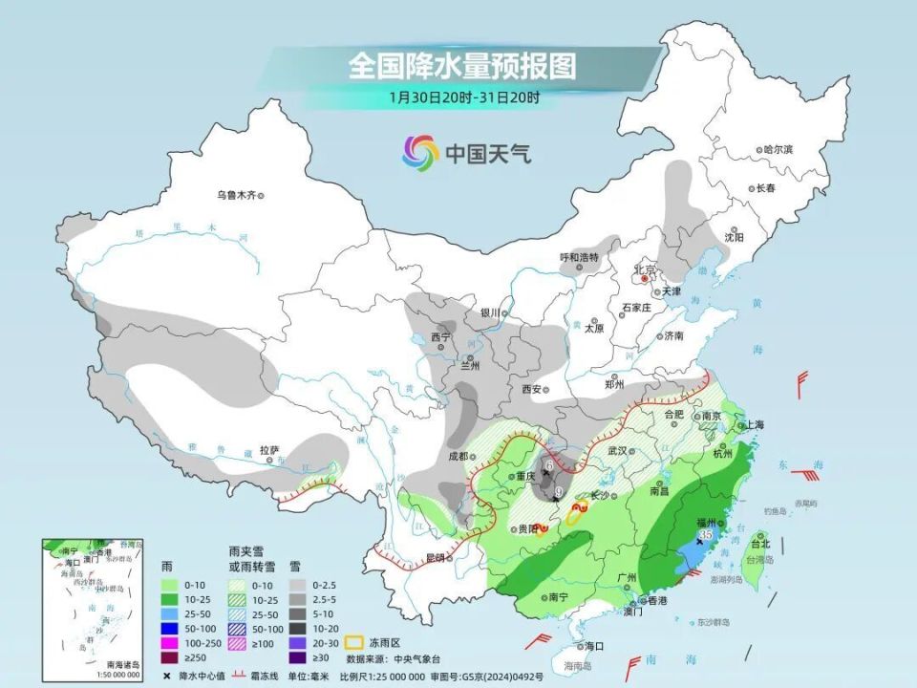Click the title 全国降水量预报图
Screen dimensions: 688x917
point(462,66)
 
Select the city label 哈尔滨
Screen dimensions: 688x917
point(778,150)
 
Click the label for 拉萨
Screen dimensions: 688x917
point(268,449)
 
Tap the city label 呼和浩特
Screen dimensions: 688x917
point(578,258)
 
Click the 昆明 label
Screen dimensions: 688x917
point(435,558)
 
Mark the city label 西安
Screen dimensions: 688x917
point(532,389)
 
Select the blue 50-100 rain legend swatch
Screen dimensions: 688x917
point(175,629)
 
